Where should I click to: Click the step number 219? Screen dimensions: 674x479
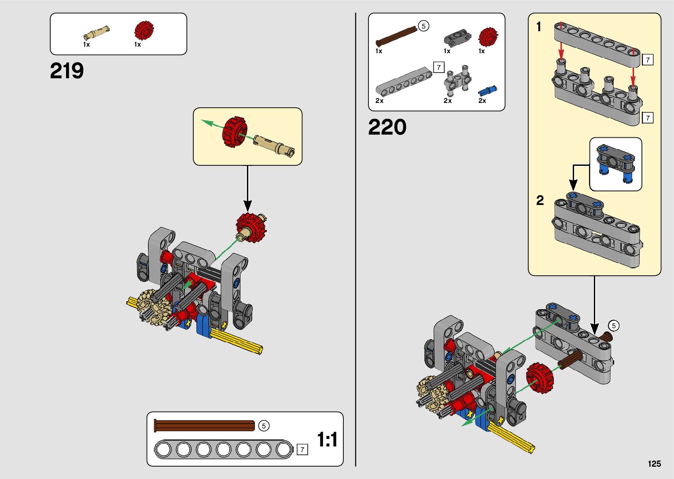[x=67, y=71]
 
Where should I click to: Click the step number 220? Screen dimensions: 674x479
[x=387, y=127]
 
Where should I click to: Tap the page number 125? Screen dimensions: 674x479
[x=655, y=464]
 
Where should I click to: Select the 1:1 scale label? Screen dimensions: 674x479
[x=328, y=439]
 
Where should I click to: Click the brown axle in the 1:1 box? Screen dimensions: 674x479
[x=204, y=425]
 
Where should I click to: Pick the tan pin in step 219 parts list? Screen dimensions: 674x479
[x=96, y=33]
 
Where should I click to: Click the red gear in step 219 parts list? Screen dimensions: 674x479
[x=144, y=30]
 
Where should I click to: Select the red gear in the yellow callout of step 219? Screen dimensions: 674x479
[x=235, y=132]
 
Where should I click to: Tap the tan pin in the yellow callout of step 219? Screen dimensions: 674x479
[x=273, y=146]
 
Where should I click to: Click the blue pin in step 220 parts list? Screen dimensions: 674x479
[x=487, y=91]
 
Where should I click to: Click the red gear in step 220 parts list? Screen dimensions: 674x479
[x=488, y=37]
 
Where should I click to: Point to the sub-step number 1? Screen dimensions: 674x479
[x=539, y=26]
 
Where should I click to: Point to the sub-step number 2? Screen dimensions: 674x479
[x=540, y=200]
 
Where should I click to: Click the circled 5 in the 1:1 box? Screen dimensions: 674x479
[x=264, y=426]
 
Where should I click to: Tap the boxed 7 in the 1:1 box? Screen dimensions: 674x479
[x=302, y=450]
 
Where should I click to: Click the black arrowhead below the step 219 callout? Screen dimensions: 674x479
[x=248, y=206]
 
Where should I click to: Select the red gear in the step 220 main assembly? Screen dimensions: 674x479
[x=540, y=378]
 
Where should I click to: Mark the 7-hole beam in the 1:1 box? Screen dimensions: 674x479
[x=223, y=450]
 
